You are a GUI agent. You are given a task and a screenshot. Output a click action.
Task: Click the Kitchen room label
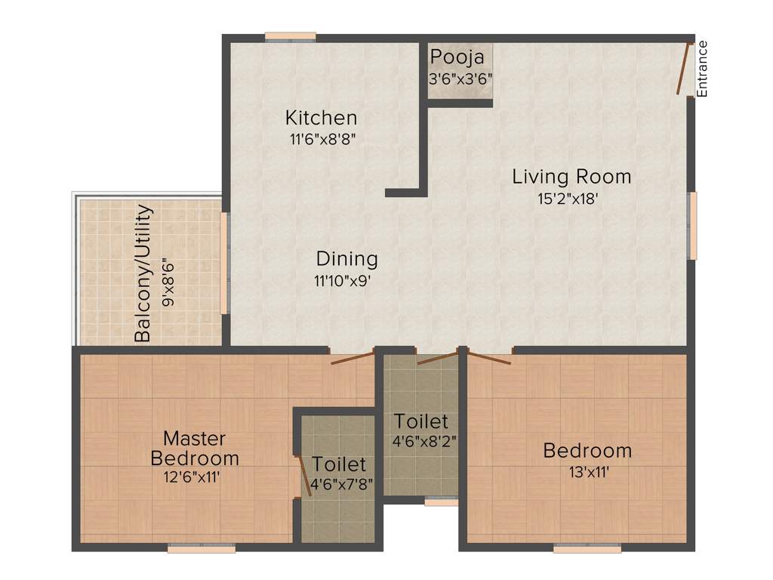point(321,118)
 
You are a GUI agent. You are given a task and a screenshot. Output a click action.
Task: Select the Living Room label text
point(571,177)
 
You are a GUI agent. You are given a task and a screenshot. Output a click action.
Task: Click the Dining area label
point(346,259)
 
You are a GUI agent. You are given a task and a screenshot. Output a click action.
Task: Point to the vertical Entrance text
point(702,68)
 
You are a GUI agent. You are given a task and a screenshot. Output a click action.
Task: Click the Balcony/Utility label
point(143,273)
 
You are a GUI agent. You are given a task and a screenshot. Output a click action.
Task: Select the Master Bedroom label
point(195,448)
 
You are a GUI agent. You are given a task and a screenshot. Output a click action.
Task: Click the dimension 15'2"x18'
point(571,199)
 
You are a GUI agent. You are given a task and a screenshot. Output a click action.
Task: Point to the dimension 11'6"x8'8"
point(321,139)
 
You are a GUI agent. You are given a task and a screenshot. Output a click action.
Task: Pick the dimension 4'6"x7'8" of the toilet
point(339,485)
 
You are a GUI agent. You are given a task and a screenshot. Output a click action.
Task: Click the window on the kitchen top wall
point(290,35)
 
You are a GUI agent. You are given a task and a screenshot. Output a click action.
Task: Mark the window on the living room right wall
point(691,225)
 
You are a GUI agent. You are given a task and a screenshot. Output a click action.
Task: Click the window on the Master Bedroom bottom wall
point(191,549)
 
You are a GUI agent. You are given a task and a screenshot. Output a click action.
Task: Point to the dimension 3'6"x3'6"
point(460,78)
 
